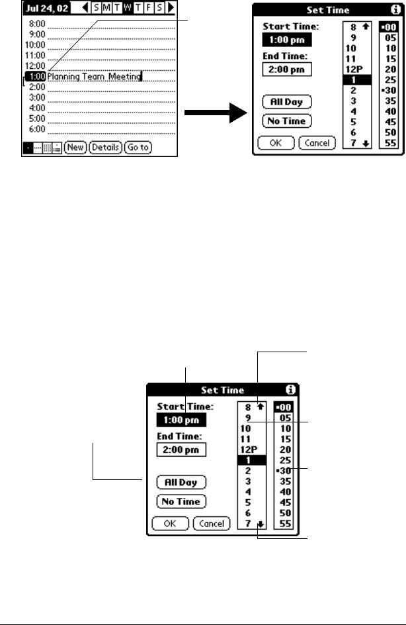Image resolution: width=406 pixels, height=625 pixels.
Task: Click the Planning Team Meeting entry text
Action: click(x=94, y=77)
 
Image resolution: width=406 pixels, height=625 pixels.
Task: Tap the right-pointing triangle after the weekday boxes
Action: click(x=171, y=11)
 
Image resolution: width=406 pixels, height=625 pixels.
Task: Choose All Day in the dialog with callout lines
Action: click(x=181, y=482)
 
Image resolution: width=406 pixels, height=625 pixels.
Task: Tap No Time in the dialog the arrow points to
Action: click(x=286, y=121)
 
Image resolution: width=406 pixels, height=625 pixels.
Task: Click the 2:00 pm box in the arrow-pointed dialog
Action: click(x=286, y=69)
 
